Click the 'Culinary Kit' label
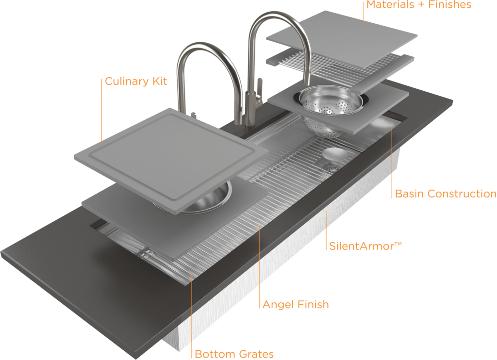tap(136, 81)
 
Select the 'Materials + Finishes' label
tap(418, 5)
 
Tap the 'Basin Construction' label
tap(446, 194)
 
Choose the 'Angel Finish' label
tap(296, 305)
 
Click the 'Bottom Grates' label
tap(234, 354)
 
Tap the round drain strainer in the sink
tap(332, 169)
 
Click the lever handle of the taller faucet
tap(260, 92)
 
